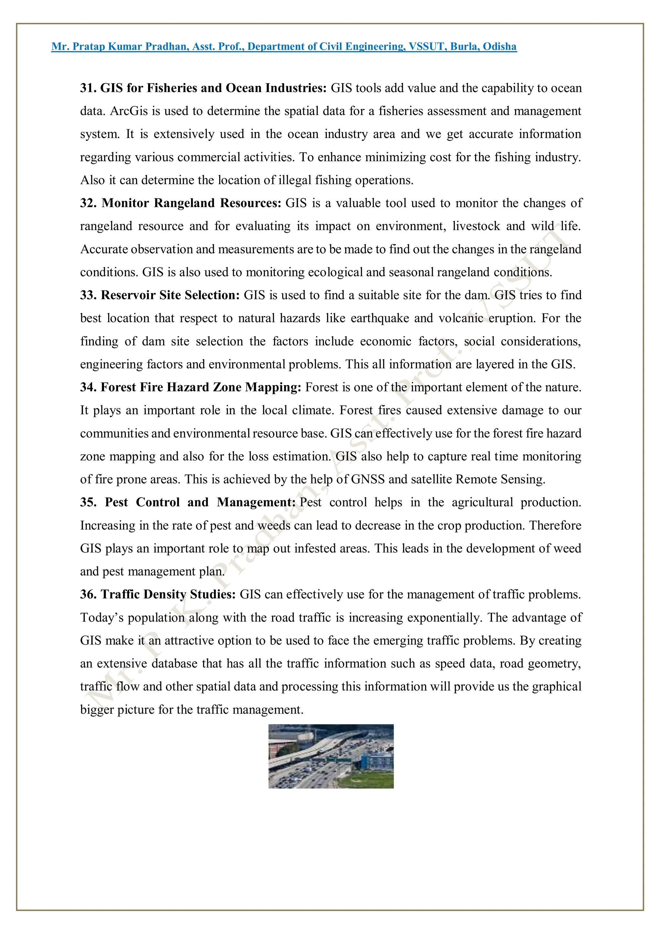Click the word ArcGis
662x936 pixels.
pyautogui.click(x=129, y=111)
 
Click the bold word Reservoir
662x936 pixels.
pyautogui.click(x=128, y=295)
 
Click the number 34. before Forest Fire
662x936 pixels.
pyautogui.click(x=88, y=387)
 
